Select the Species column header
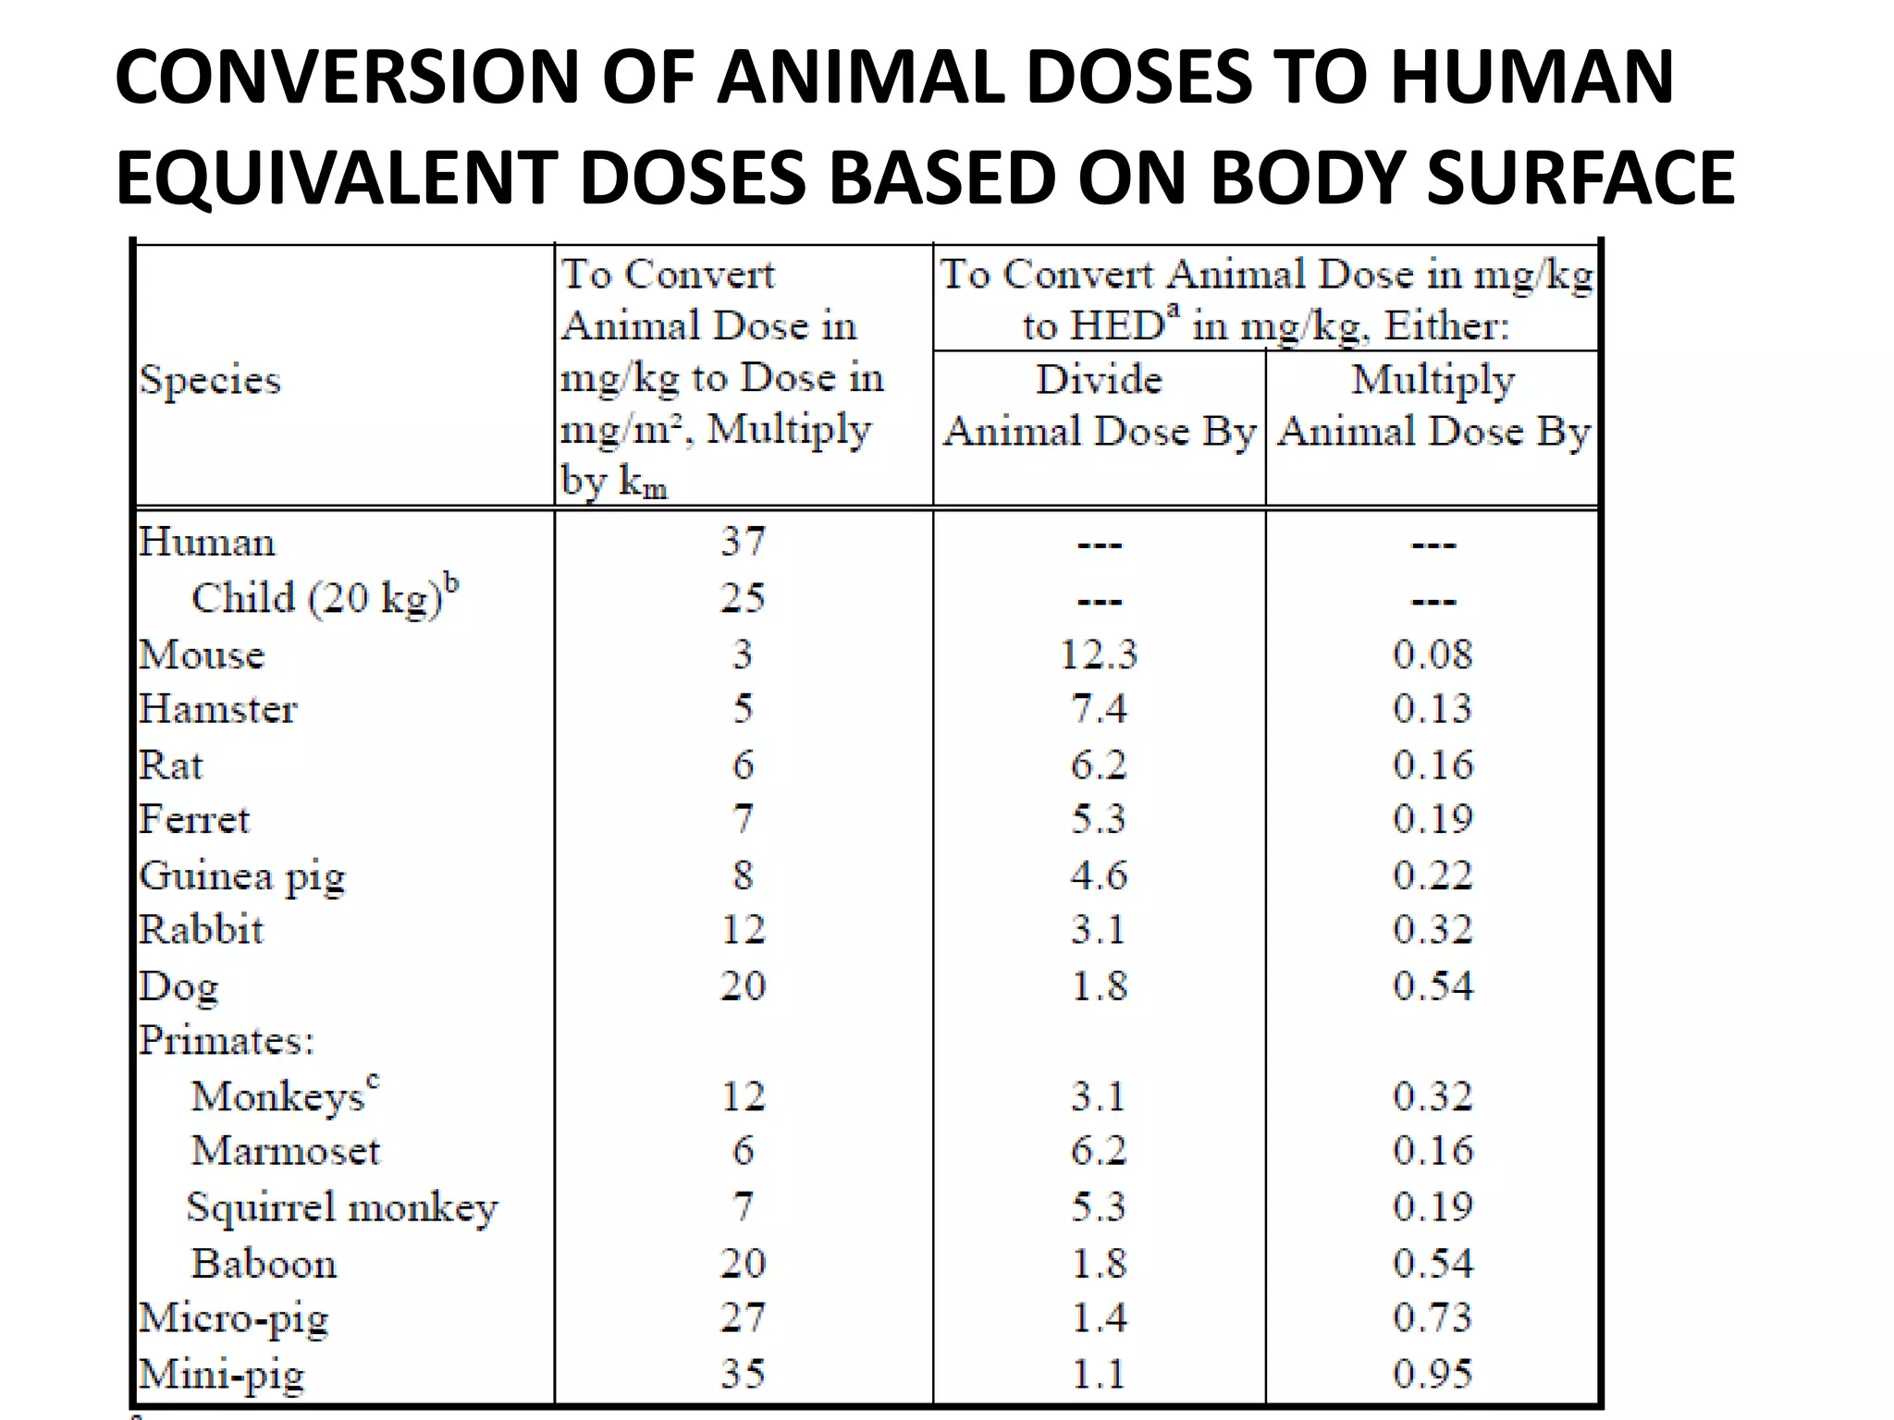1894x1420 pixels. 210,380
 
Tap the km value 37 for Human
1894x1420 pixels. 744,542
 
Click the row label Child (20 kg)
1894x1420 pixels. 324,597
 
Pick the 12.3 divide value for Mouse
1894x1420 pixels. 1099,655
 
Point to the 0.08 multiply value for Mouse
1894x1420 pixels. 1433,655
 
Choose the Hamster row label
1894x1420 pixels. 218,709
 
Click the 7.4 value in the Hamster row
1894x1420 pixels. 1099,709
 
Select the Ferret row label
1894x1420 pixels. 194,819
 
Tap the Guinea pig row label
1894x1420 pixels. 242,875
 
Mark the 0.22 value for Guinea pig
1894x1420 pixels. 1433,875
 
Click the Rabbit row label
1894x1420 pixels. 202,929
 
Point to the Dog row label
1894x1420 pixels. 179,986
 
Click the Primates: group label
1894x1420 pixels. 227,1041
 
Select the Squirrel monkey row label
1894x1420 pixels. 342,1207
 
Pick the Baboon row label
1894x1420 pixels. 264,1263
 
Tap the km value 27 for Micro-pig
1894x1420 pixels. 744,1317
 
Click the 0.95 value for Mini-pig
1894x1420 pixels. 1433,1373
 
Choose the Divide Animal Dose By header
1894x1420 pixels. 1099,406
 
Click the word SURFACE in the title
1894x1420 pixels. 1580,177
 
